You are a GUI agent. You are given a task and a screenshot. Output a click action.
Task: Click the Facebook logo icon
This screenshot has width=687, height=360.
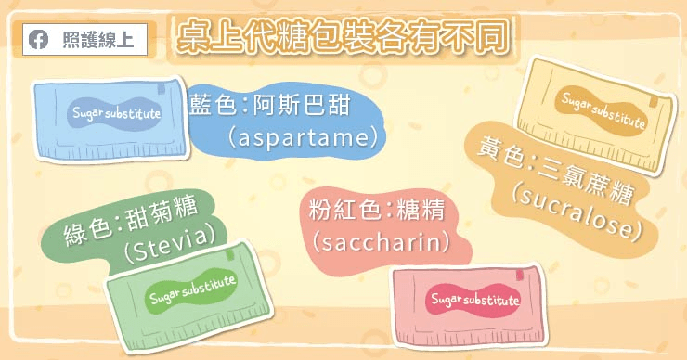[39, 40]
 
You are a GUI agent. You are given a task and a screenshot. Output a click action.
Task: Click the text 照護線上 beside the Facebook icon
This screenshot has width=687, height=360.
[97, 40]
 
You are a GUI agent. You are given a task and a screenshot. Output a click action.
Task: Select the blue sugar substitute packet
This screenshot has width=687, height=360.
[110, 119]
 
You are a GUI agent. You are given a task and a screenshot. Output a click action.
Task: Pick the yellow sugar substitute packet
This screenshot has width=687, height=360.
[595, 116]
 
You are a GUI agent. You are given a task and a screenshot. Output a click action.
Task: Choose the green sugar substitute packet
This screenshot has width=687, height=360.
[188, 297]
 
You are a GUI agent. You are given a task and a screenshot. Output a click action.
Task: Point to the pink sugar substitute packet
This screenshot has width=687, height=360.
[470, 305]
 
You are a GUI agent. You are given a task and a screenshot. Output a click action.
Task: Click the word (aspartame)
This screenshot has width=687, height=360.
[303, 137]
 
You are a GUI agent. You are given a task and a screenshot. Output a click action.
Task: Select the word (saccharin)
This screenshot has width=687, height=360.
[381, 242]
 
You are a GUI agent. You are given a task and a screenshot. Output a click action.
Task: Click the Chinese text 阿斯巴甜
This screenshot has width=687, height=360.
[303, 106]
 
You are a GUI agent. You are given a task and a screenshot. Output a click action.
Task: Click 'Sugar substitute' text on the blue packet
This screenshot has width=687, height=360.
[117, 113]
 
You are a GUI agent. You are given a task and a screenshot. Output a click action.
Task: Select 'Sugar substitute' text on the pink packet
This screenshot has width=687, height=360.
[475, 300]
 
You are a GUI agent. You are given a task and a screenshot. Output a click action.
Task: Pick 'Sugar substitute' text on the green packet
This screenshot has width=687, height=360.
[193, 289]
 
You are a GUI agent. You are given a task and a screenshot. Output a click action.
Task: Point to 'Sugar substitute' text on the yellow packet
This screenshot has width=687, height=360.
[603, 109]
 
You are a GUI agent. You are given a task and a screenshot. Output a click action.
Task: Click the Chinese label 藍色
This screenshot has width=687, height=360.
[214, 106]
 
